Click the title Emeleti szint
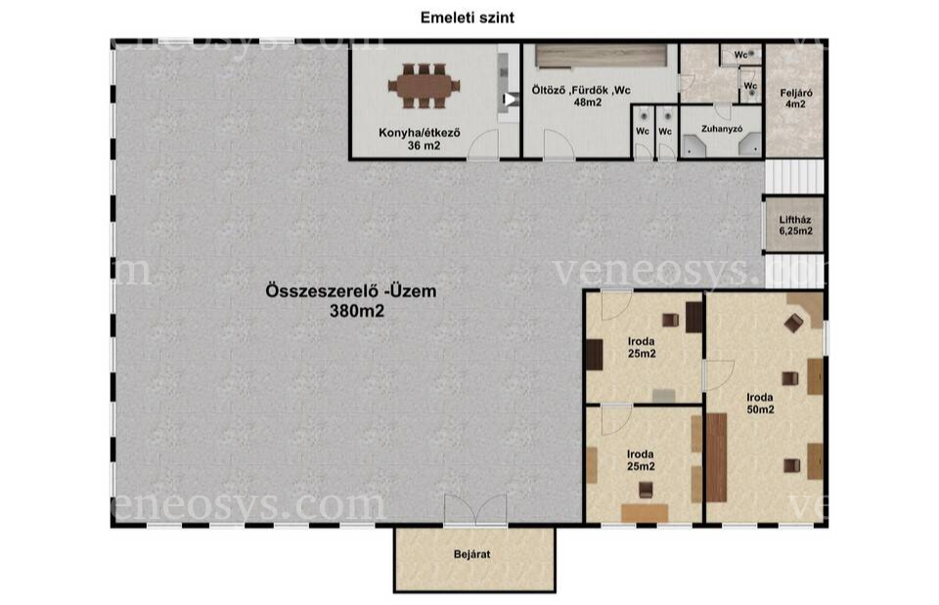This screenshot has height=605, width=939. [x=468, y=18]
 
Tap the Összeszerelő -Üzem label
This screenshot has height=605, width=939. [x=351, y=291]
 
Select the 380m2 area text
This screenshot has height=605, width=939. [x=357, y=311]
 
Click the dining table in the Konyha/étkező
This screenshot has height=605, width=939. [x=424, y=86]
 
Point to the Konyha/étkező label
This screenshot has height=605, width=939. [x=420, y=132]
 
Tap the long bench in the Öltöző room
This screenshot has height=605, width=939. [x=601, y=57]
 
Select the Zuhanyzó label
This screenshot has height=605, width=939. [x=722, y=129]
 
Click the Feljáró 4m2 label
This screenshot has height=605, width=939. [x=796, y=98]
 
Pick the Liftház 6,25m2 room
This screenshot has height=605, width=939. [x=795, y=225]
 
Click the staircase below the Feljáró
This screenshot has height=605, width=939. [x=794, y=177]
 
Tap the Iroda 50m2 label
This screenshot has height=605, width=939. [x=760, y=403]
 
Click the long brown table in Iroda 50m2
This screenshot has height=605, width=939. [x=716, y=457]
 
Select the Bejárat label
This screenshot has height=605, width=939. [x=471, y=554]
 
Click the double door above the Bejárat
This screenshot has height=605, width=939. [x=475, y=510]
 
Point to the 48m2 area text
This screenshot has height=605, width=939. [x=588, y=103]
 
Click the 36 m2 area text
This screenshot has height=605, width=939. [x=424, y=145]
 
